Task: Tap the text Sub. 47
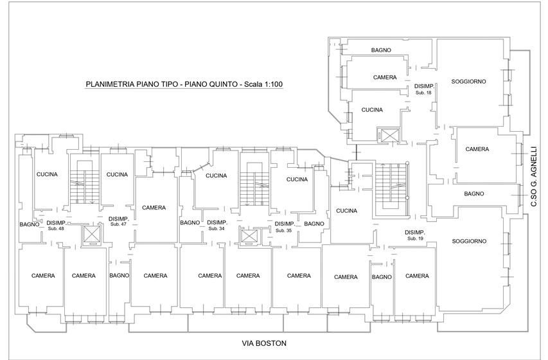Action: point(118,224)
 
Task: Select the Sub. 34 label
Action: point(217,228)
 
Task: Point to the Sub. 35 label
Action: point(283,231)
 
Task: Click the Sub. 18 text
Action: point(423,93)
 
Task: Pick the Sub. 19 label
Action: point(415,239)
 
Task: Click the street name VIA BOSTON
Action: point(264,343)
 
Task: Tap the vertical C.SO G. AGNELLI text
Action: point(533,177)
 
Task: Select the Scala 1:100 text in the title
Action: point(263,84)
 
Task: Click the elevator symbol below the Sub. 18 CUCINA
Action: point(389,135)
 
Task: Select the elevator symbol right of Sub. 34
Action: point(249,235)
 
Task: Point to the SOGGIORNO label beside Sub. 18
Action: point(468,82)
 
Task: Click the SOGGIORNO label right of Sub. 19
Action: point(469,241)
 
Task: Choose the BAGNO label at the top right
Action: point(381,50)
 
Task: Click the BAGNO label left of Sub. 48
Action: point(30,224)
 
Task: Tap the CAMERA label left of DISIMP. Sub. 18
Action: point(385,77)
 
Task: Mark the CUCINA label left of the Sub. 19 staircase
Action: point(347,211)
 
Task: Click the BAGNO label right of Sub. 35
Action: point(314,224)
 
